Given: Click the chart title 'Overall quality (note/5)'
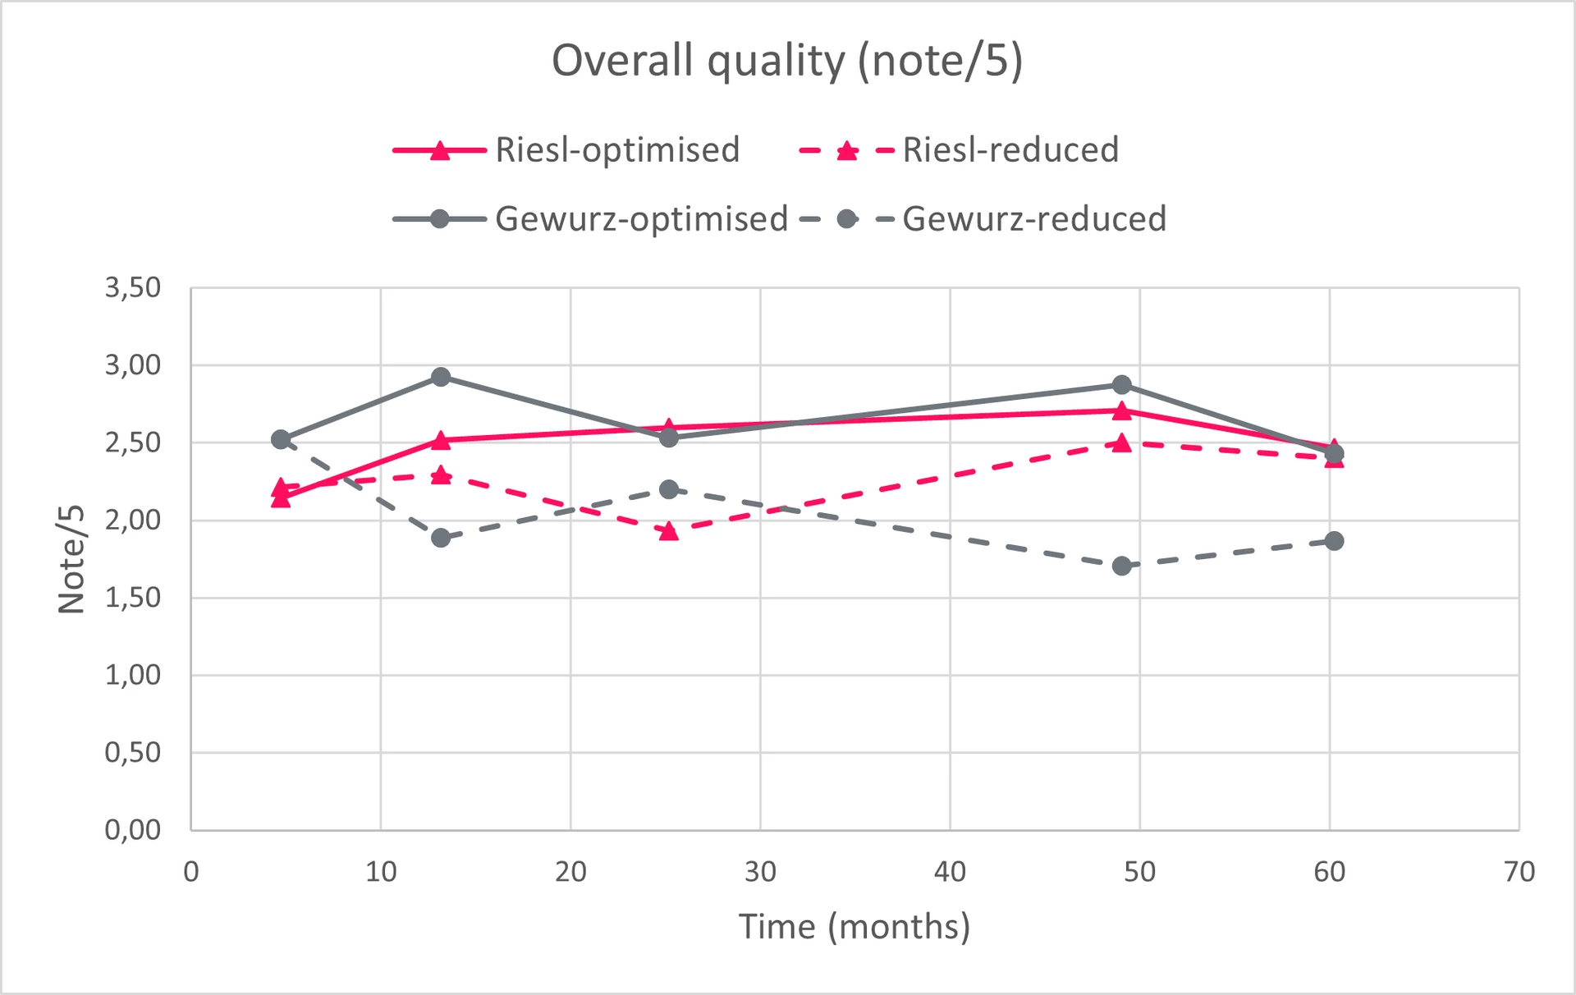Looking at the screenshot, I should click(x=787, y=62).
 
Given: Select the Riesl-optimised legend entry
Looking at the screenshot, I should click(x=566, y=150).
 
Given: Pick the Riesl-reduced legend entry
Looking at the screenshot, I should click(x=959, y=150).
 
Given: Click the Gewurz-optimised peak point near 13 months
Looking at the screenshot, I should click(x=441, y=377).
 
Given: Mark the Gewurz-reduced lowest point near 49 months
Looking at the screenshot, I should click(x=1122, y=566).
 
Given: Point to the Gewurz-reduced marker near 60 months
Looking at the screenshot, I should click(x=1335, y=541).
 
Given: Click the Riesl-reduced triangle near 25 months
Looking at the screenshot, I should click(x=669, y=531).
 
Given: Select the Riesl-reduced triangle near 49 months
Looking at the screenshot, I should click(x=1122, y=443).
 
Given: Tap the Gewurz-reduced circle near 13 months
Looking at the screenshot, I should click(x=441, y=538).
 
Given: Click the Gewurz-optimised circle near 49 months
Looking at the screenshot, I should click(x=1122, y=385).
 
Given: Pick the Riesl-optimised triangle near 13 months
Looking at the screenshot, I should click(x=441, y=441).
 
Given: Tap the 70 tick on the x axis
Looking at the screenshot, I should click(x=1519, y=872).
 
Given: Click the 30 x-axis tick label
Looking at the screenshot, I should click(x=760, y=872).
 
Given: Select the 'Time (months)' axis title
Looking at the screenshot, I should click(x=854, y=927).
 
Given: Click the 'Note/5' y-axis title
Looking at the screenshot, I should click(x=72, y=559).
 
